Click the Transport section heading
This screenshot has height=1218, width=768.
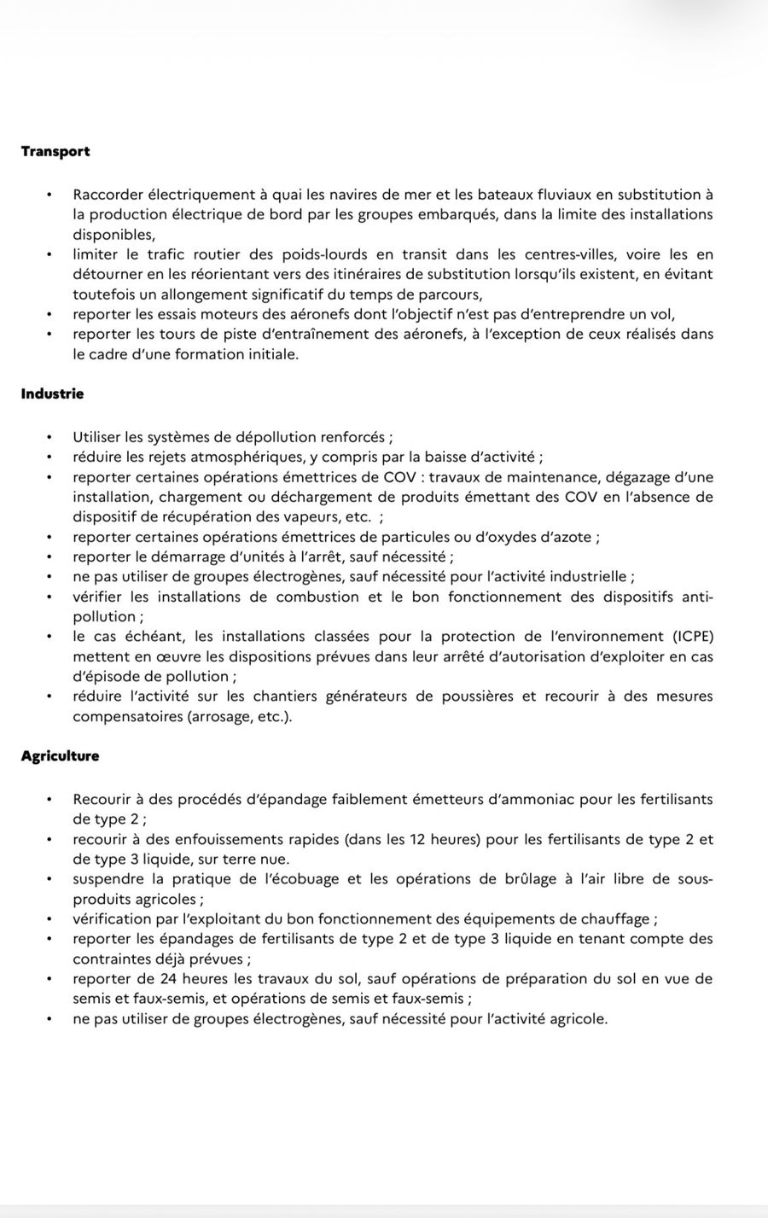[55, 151]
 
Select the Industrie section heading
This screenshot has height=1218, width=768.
[52, 393]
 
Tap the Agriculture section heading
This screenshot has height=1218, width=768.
[60, 755]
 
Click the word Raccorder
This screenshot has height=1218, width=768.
[108, 195]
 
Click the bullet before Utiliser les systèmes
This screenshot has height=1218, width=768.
[50, 437]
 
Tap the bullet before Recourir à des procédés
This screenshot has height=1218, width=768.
[50, 800]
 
